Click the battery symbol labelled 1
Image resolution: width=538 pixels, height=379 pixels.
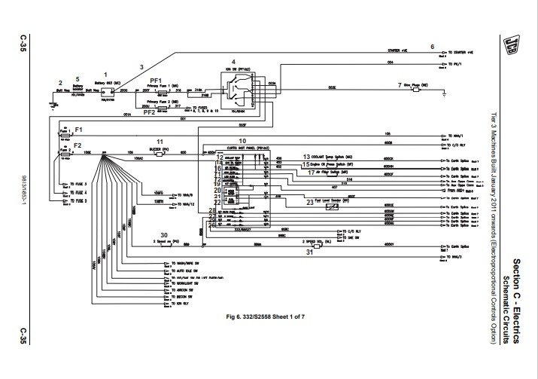(x=106, y=91)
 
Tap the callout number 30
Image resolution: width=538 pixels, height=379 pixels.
(x=164, y=234)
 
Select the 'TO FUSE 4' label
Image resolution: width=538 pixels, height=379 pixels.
(x=78, y=193)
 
